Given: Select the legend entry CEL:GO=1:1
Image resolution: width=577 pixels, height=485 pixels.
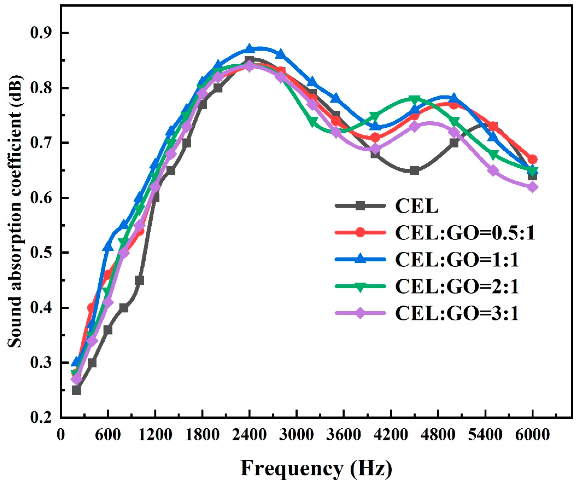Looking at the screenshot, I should pyautogui.click(x=457, y=260).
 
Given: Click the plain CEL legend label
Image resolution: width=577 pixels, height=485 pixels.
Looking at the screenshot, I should pyautogui.click(x=417, y=206).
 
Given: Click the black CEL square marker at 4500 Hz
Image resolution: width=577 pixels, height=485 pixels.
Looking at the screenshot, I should pyautogui.click(x=415, y=171).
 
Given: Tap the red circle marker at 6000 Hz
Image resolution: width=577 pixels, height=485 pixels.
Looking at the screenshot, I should pyautogui.click(x=532, y=159).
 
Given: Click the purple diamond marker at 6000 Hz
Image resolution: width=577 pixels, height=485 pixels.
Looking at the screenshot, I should pyautogui.click(x=532, y=187).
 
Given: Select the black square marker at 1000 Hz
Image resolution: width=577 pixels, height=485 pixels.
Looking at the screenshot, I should pyautogui.click(x=139, y=280).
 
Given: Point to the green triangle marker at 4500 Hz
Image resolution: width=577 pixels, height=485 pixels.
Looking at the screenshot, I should pyautogui.click(x=415, y=99).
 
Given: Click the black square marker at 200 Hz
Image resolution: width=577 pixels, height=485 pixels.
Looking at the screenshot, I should pyautogui.click(x=76, y=390).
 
